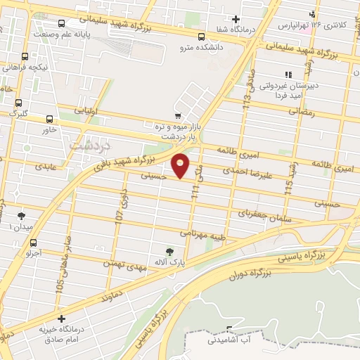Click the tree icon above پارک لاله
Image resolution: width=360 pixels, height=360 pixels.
(169, 252)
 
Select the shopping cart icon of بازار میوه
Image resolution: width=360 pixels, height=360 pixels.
(177, 116)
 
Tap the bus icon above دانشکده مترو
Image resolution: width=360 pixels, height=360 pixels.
(202, 37)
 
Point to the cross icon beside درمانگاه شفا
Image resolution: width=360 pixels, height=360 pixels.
(236, 20)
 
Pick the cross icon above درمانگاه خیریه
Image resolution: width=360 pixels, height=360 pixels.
(61, 319)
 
